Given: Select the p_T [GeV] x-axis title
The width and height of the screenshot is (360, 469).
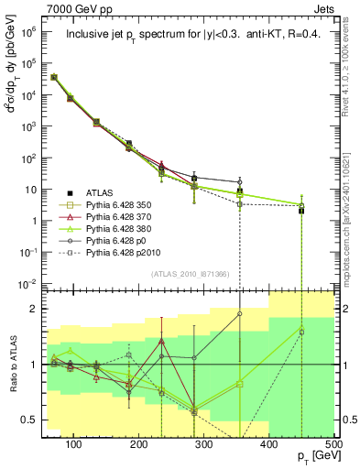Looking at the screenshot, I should point(315,455).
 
